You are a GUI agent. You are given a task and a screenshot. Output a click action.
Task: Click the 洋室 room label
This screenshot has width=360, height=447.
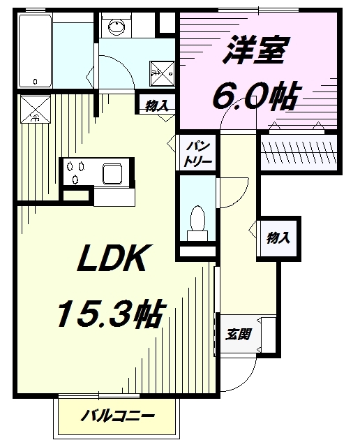tap(255, 50)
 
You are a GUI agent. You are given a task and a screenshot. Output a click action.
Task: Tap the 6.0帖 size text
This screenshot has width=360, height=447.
tap(255, 96)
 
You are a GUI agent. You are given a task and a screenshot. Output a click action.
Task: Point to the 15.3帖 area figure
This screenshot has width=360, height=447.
tap(112, 314)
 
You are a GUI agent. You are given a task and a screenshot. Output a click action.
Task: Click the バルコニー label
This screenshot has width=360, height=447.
tap(117, 417)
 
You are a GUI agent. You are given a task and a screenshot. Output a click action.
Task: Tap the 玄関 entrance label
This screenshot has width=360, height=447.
tap(238, 335)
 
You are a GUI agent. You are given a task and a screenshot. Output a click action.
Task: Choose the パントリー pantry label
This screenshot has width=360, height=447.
tap(197, 154)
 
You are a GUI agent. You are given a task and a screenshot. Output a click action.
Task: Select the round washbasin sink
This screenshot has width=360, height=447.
tap(117, 27)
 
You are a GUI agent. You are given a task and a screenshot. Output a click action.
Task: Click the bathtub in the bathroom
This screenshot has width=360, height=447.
tap(36, 50)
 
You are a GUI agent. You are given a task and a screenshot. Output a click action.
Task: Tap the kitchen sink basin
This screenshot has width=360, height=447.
tap(112, 174)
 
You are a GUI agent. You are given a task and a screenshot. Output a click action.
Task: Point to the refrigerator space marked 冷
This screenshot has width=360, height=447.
tap(36, 109)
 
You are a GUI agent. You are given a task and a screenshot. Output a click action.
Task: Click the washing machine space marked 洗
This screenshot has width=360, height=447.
tap(162, 73)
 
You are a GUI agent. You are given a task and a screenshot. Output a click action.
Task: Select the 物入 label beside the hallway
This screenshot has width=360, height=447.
tap(278, 237)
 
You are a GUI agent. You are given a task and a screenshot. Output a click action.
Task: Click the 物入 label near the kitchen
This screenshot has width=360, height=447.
tap(157, 105)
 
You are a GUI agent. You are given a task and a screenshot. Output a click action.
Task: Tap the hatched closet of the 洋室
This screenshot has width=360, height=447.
tap(299, 152)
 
